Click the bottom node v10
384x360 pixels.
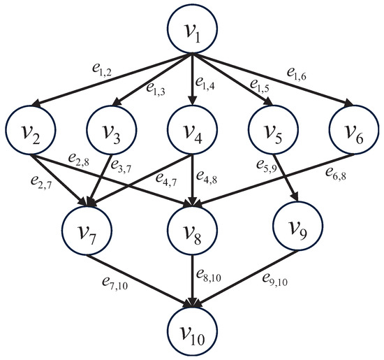pos(191,329)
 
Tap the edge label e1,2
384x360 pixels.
pos(69,69)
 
